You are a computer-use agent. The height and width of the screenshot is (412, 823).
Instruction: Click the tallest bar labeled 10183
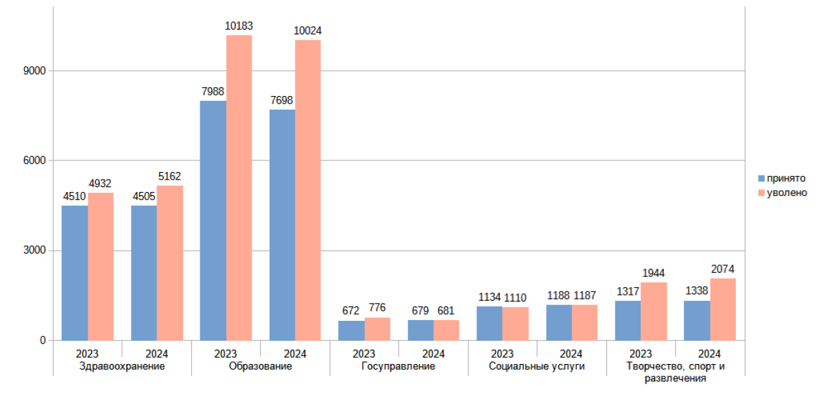coord(239,188)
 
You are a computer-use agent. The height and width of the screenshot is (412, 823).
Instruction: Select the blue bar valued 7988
coord(213,221)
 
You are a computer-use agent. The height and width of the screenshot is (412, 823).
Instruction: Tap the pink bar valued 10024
coord(308,190)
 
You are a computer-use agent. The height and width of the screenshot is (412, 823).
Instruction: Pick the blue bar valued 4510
coord(75,273)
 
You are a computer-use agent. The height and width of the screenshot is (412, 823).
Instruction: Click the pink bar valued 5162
coord(170,263)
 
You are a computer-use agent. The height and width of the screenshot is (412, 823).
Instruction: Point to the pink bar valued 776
coord(377,329)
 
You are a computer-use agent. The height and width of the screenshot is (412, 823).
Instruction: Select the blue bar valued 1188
coord(559,323)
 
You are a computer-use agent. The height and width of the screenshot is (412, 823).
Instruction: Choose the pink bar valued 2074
coord(723,310)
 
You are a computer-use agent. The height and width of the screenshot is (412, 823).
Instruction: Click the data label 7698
coord(281,100)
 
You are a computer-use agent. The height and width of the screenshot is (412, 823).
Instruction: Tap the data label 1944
coord(653,274)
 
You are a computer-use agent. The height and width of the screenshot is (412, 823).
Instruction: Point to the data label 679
coord(420,311)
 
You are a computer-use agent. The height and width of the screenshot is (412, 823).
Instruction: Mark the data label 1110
coord(515,298)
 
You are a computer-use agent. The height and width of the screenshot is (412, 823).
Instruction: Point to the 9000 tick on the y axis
coord(34,71)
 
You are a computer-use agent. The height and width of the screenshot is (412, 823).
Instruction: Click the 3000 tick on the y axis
coord(34,250)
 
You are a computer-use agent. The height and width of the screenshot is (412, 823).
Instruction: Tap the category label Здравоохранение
coord(122,367)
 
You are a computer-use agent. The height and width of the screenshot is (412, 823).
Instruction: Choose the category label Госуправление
coord(398,367)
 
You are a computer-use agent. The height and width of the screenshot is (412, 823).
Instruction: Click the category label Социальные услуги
coord(537,367)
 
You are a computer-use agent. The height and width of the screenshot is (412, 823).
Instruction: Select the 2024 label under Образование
coord(295,354)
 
